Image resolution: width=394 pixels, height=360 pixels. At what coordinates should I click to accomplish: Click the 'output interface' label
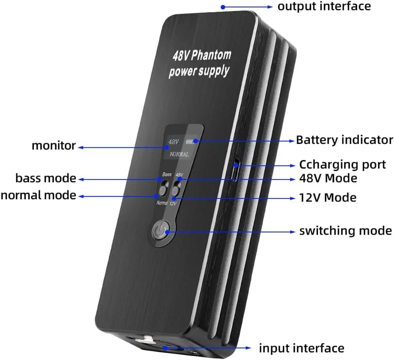324,6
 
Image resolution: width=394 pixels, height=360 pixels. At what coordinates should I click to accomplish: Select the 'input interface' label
301,348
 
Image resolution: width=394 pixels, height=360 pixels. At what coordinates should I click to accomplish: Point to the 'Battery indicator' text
344,140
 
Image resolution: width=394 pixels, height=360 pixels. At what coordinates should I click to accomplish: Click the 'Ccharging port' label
342,165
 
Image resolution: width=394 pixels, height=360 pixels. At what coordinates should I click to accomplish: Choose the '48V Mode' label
328,177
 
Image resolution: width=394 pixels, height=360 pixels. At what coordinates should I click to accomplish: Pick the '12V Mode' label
328,198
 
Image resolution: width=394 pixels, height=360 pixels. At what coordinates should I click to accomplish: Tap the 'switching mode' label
346,231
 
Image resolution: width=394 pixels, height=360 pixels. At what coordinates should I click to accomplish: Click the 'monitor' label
54,146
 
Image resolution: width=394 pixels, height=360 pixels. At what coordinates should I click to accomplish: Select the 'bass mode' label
45,178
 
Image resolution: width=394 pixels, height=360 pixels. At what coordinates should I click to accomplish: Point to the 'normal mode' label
38,195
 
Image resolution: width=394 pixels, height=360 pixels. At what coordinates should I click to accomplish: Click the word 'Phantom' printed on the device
211,55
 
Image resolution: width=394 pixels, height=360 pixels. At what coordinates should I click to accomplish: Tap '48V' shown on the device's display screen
173,141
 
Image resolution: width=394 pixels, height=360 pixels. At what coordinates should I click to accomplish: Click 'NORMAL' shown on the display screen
179,154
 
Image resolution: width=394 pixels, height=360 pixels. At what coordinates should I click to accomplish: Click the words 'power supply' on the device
199,71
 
